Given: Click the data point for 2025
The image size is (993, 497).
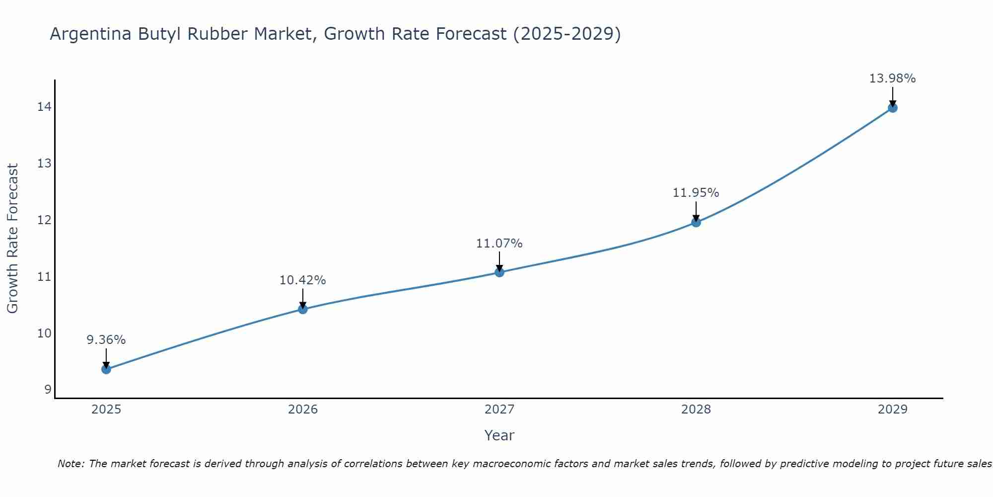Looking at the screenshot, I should point(106,369).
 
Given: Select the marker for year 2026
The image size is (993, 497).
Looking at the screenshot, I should point(303,309).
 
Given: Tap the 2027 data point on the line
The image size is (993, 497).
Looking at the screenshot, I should point(499,272).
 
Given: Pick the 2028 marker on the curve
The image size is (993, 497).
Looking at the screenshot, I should point(696,222).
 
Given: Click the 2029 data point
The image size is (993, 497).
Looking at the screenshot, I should point(893,108).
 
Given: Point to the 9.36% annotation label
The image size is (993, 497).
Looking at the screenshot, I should point(106,340).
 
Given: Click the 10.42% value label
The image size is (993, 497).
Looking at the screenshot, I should point(303,280).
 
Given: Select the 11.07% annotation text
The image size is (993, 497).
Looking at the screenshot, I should point(499,244).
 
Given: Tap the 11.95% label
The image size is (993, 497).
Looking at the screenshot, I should point(696,193).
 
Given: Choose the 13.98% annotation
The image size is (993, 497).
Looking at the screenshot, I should point(893,79).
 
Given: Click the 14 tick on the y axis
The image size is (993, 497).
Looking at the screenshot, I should point(44,107).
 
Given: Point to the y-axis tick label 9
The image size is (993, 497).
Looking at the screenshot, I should point(48,389).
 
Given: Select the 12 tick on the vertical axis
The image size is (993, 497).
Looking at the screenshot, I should point(44,220).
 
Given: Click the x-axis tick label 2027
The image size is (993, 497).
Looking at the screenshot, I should point(499,410).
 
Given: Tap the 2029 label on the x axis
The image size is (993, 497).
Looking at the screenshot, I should point(893,410).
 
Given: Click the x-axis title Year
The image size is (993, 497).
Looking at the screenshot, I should point(499,435).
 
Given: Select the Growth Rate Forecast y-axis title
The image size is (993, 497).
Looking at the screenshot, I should point(13,239).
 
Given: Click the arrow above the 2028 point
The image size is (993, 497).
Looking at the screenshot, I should point(696,211).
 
